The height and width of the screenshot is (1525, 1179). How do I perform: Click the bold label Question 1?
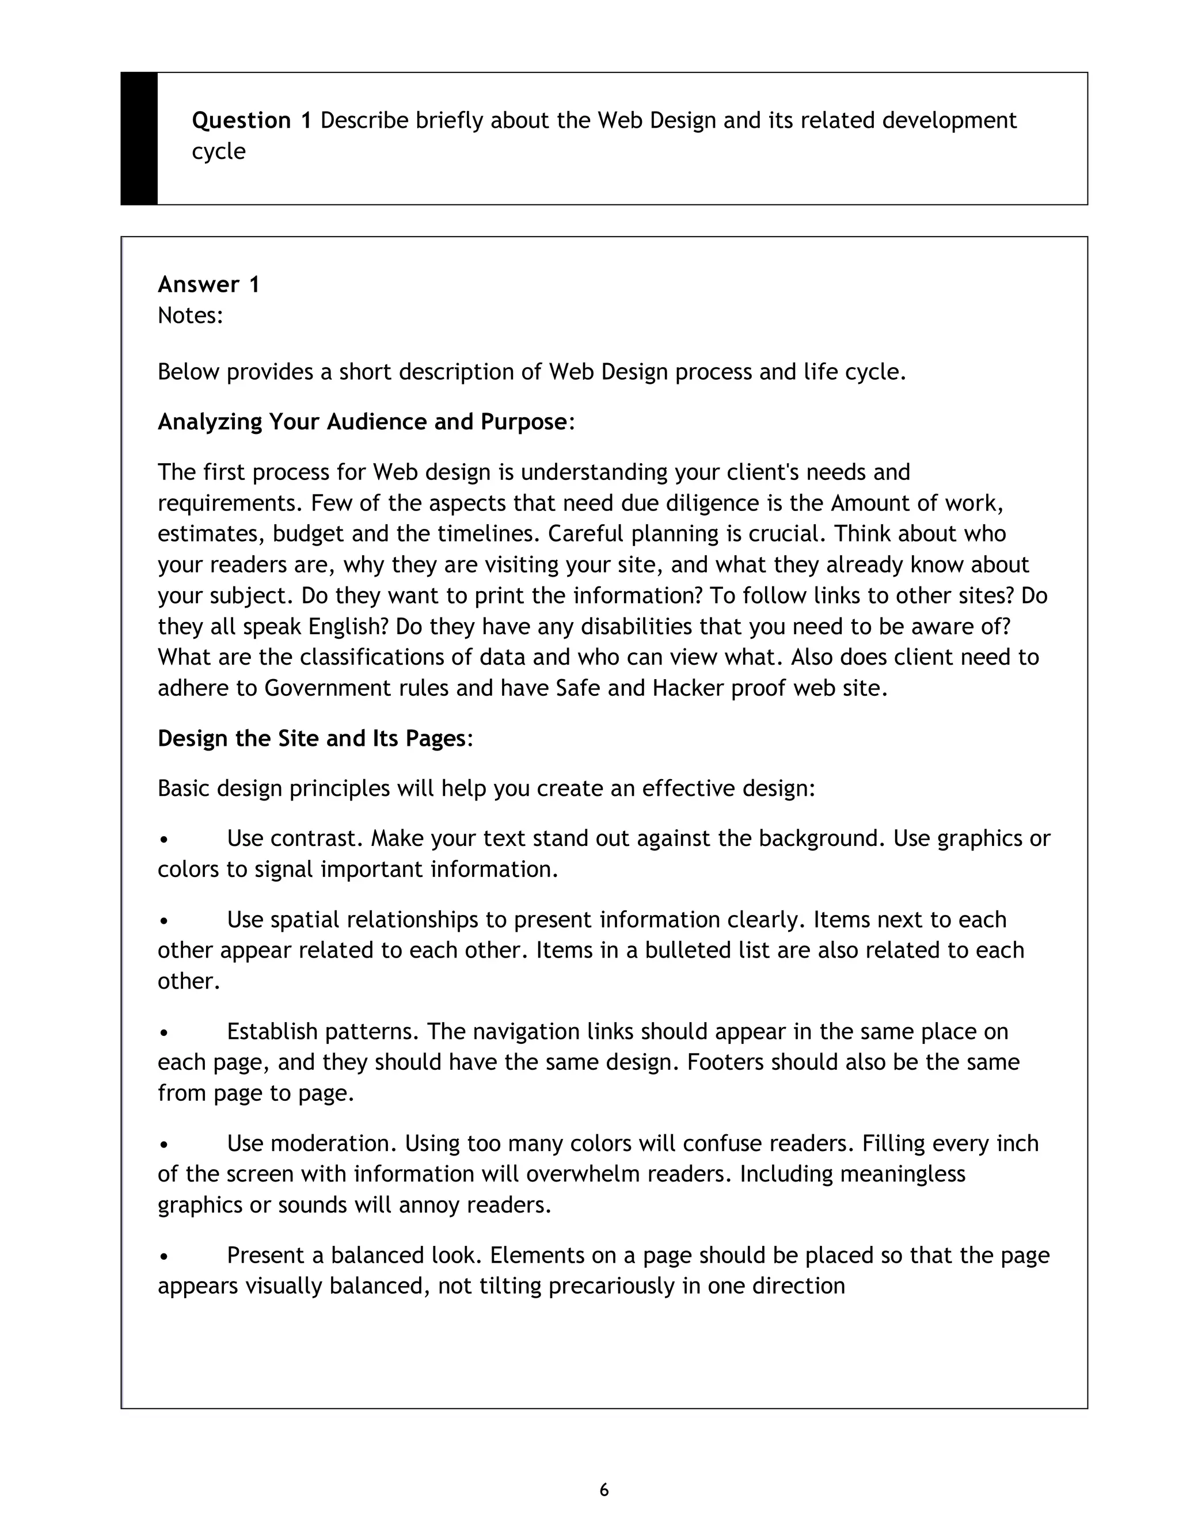tap(252, 121)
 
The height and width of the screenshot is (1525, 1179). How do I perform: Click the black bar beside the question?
tap(139, 138)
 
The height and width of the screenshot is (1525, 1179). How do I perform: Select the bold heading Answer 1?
tap(209, 284)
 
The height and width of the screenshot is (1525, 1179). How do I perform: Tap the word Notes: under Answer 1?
tap(190, 315)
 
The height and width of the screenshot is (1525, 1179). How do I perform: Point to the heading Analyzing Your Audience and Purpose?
tap(362, 422)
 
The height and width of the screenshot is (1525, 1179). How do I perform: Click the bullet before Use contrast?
tap(163, 839)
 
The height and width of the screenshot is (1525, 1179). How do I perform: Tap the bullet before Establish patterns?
tap(163, 1032)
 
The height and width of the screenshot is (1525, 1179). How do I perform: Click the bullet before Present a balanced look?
tap(163, 1256)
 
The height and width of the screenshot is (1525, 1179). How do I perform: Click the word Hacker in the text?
tap(689, 688)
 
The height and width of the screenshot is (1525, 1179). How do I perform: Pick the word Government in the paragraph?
tap(328, 688)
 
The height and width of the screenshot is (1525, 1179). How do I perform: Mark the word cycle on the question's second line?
tap(219, 151)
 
